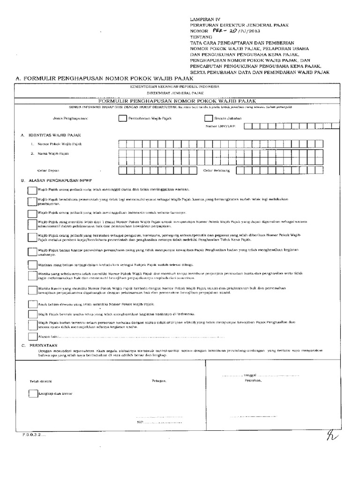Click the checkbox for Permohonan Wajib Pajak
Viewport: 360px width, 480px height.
pyautogui.click(x=122, y=118)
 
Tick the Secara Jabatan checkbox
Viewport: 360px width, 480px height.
pyautogui.click(x=209, y=118)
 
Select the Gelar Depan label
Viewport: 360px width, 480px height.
pyautogui.click(x=48, y=171)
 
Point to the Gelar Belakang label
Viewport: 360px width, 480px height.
pyautogui.click(x=216, y=171)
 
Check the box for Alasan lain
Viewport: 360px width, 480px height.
pyautogui.click(x=31, y=336)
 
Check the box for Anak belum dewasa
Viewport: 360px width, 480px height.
pyautogui.click(x=31, y=304)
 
